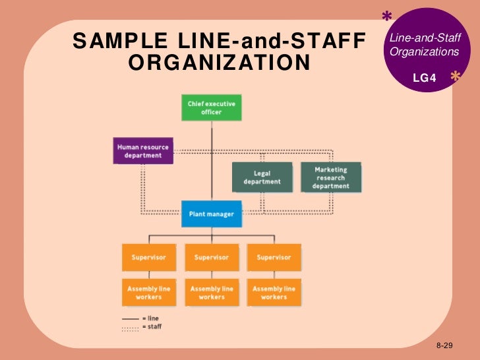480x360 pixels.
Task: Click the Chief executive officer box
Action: pyautogui.click(x=211, y=107)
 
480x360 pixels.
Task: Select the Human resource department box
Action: pyautogui.click(x=143, y=151)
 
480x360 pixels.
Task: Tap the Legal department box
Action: pyautogui.click(x=262, y=177)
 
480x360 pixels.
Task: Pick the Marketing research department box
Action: pyautogui.click(x=330, y=177)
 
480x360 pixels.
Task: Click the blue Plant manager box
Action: pyautogui.click(x=211, y=214)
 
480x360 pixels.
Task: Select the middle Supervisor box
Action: pyautogui.click(x=211, y=257)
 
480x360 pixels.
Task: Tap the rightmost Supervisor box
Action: pyautogui.click(x=274, y=257)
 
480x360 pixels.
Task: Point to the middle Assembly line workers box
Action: pyautogui.click(x=211, y=293)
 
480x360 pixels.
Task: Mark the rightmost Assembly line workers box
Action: pyautogui.click(x=274, y=293)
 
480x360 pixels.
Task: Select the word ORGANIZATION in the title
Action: pyautogui.click(x=219, y=63)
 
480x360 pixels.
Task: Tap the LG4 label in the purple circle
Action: pyautogui.click(x=424, y=78)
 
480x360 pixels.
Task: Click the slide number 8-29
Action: pyautogui.click(x=445, y=345)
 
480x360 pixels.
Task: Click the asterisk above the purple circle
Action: pyautogui.click(x=387, y=16)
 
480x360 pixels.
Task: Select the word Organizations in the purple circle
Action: pyautogui.click(x=424, y=51)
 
